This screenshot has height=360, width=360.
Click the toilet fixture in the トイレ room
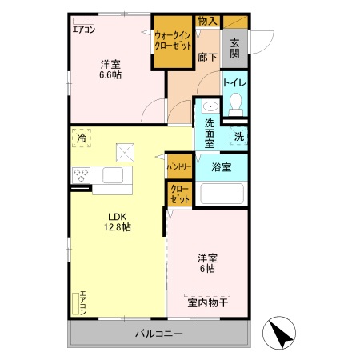point(235,104)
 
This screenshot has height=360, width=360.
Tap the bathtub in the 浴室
point(222,194)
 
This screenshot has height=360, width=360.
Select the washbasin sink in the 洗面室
point(210,107)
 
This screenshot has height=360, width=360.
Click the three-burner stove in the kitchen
point(81,175)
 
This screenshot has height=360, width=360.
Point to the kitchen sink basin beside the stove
point(113,175)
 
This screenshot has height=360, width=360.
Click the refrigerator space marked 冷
point(82,138)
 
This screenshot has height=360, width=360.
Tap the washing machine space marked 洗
point(238,136)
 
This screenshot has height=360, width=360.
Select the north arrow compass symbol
point(279,333)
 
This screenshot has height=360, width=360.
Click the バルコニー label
point(159,334)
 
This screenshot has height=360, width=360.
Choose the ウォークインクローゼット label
point(173,41)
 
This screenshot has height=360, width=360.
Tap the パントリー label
point(179,167)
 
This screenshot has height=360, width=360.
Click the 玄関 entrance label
point(234,48)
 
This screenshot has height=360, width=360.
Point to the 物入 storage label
point(207,21)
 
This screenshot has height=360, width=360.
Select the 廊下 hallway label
point(207,57)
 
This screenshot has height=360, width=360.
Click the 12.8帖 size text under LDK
point(118,227)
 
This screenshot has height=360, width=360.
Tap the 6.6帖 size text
point(110,75)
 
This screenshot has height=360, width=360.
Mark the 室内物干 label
point(207,302)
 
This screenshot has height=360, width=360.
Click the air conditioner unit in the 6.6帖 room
point(83,21)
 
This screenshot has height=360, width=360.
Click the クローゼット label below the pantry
point(180,194)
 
